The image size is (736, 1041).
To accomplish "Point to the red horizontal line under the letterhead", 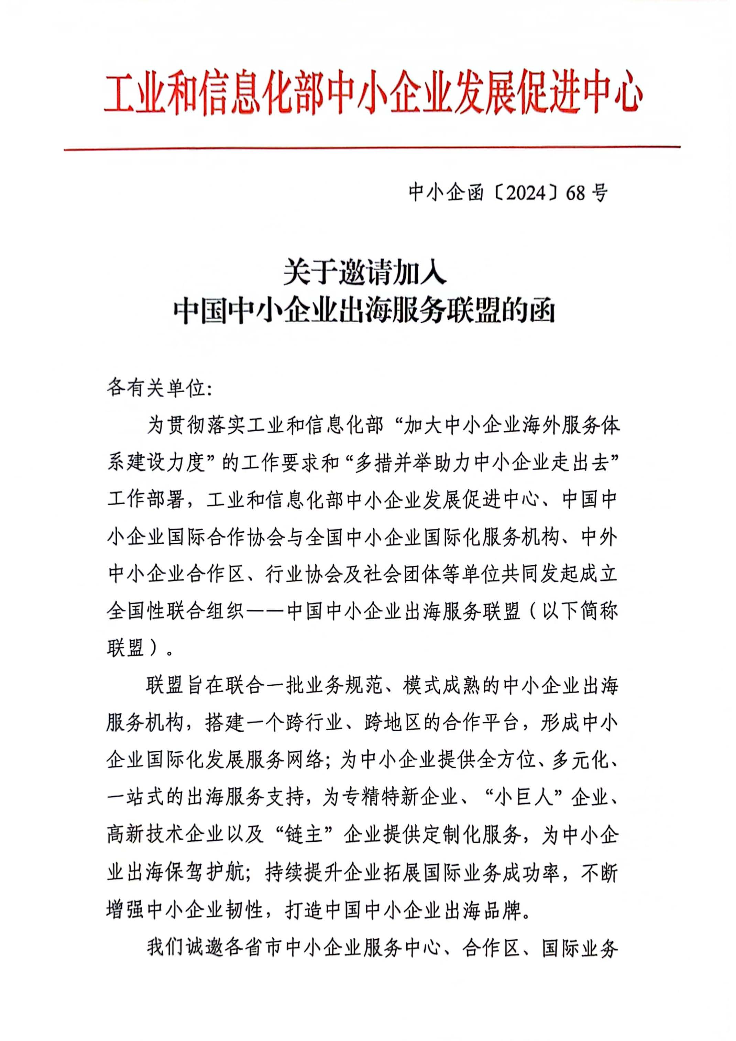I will pos(372,147).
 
